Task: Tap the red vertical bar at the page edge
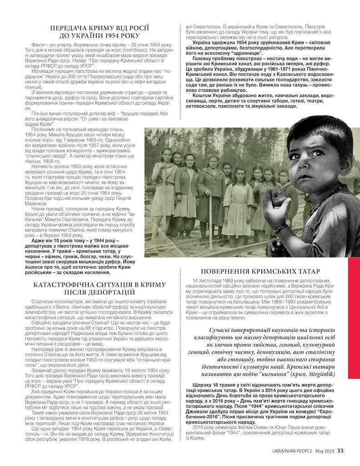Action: (354, 318)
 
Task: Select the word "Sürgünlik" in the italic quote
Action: (320, 374)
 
